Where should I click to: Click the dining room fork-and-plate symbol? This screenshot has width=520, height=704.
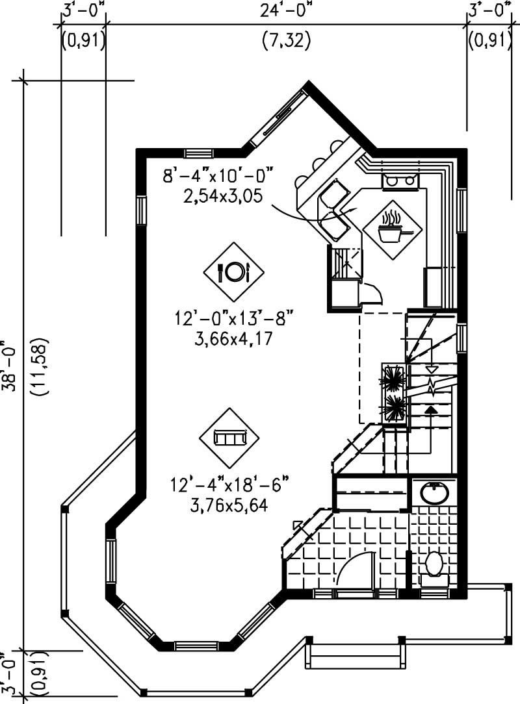233,271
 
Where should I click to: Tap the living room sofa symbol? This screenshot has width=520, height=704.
228,437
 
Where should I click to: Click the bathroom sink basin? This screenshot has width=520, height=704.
434,493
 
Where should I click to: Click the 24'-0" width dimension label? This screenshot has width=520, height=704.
286,11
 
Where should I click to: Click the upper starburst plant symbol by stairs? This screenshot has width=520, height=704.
393,377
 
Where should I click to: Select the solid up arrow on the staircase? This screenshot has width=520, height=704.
430,409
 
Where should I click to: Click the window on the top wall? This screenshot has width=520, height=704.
195,153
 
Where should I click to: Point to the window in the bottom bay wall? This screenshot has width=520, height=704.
196,646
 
